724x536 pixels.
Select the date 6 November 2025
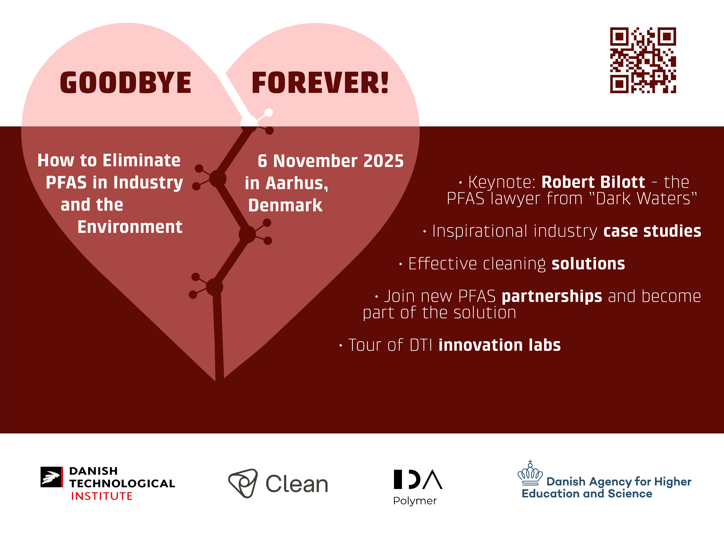tap(330, 161)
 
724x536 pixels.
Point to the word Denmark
tap(285, 205)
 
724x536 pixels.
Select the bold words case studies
tap(652, 231)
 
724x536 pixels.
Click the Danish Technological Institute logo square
tap(52, 477)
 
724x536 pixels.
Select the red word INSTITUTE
tap(102, 496)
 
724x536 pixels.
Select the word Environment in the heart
tap(130, 227)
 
